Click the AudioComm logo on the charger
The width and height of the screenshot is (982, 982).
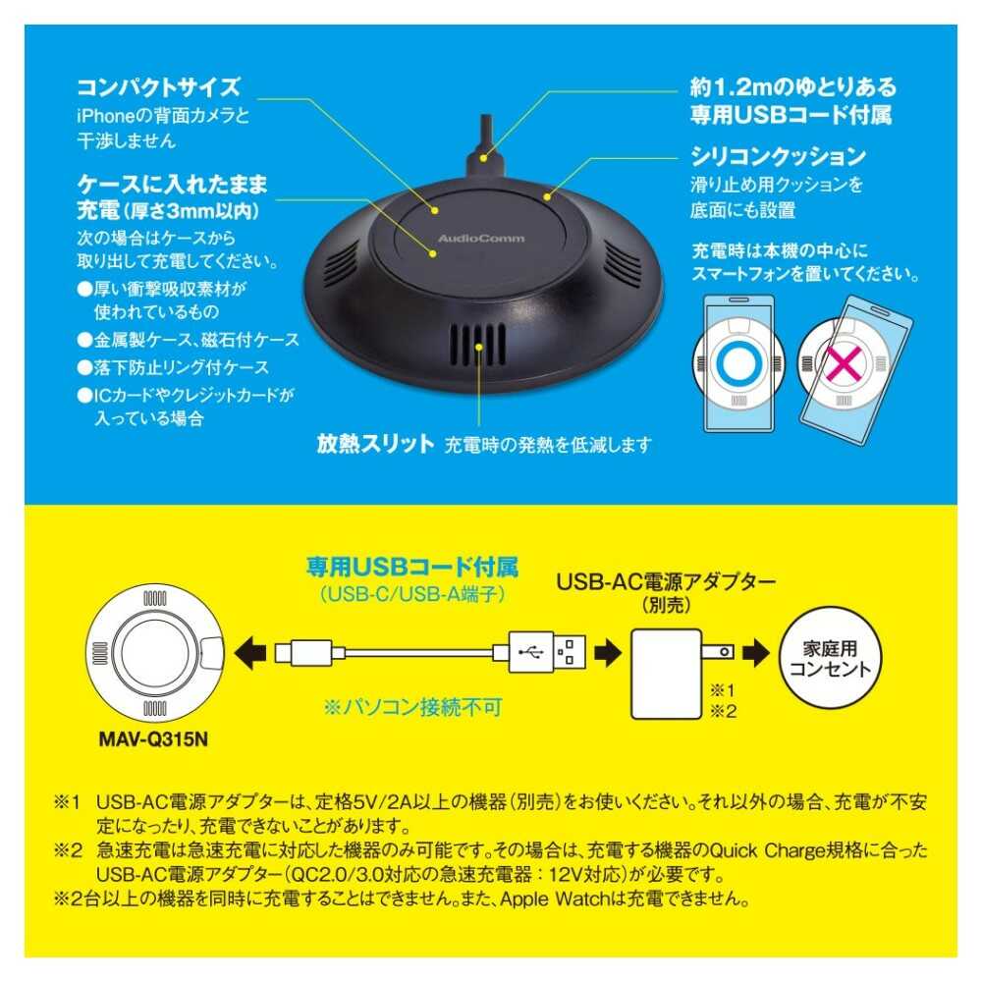point(481,238)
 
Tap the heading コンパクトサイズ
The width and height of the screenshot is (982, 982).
point(158,87)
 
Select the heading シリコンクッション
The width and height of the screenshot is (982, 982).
point(779,156)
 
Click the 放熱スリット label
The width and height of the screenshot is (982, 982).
point(374,444)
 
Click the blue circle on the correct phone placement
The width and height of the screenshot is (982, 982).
point(739,363)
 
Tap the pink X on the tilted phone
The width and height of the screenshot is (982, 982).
point(844,364)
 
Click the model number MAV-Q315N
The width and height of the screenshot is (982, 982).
point(153,739)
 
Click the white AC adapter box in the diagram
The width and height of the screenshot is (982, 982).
point(667,674)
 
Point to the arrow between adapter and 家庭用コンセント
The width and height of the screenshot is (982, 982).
point(755,653)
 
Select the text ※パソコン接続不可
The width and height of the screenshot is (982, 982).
point(413,707)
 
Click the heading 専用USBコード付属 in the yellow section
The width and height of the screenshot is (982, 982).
point(412,567)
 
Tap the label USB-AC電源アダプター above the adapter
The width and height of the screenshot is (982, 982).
point(666,581)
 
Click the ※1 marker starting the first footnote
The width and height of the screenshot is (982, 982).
point(67,802)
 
